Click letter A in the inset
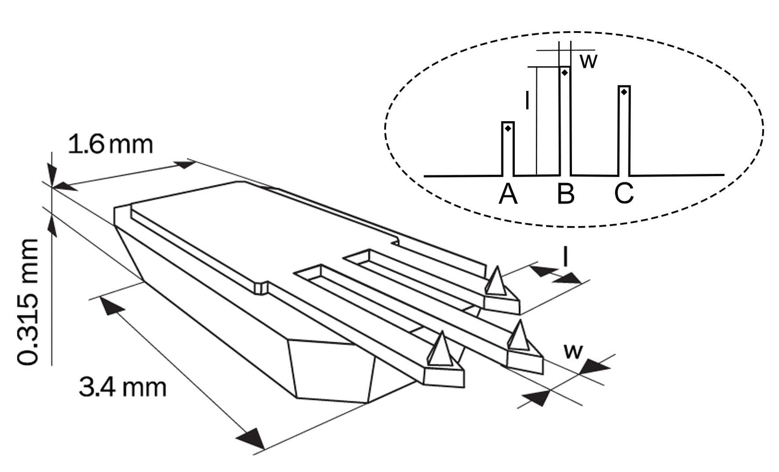coord(508,194)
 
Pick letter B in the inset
coord(566,194)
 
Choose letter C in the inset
coord(624,194)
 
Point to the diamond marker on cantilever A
coord(507,128)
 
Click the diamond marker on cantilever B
coord(564,72)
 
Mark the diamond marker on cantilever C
coord(624,92)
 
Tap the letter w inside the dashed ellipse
coord(589,61)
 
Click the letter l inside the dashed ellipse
coord(528,101)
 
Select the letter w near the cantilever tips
coord(573,351)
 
